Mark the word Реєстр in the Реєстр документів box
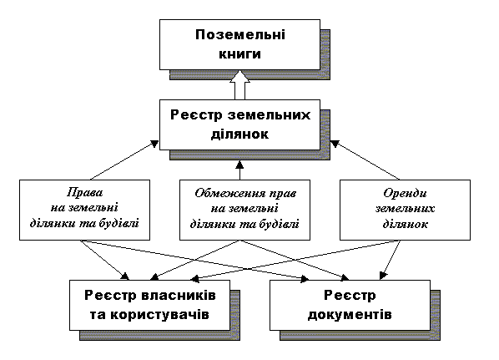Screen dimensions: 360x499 tap(349, 297)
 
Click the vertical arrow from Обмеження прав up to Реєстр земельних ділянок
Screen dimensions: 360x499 tap(239, 170)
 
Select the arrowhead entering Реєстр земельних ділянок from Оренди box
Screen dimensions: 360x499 tap(334, 145)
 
